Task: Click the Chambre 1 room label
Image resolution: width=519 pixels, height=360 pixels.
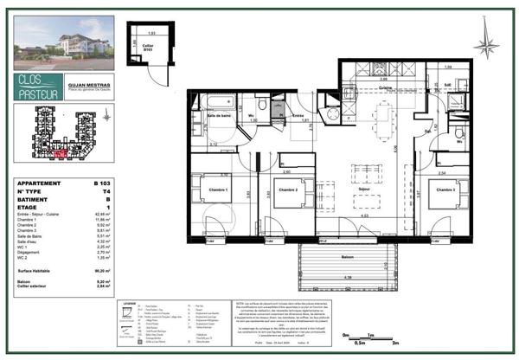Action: (216, 190)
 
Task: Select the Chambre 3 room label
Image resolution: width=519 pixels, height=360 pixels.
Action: (445, 190)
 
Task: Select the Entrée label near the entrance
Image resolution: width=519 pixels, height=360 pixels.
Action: (296, 115)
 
